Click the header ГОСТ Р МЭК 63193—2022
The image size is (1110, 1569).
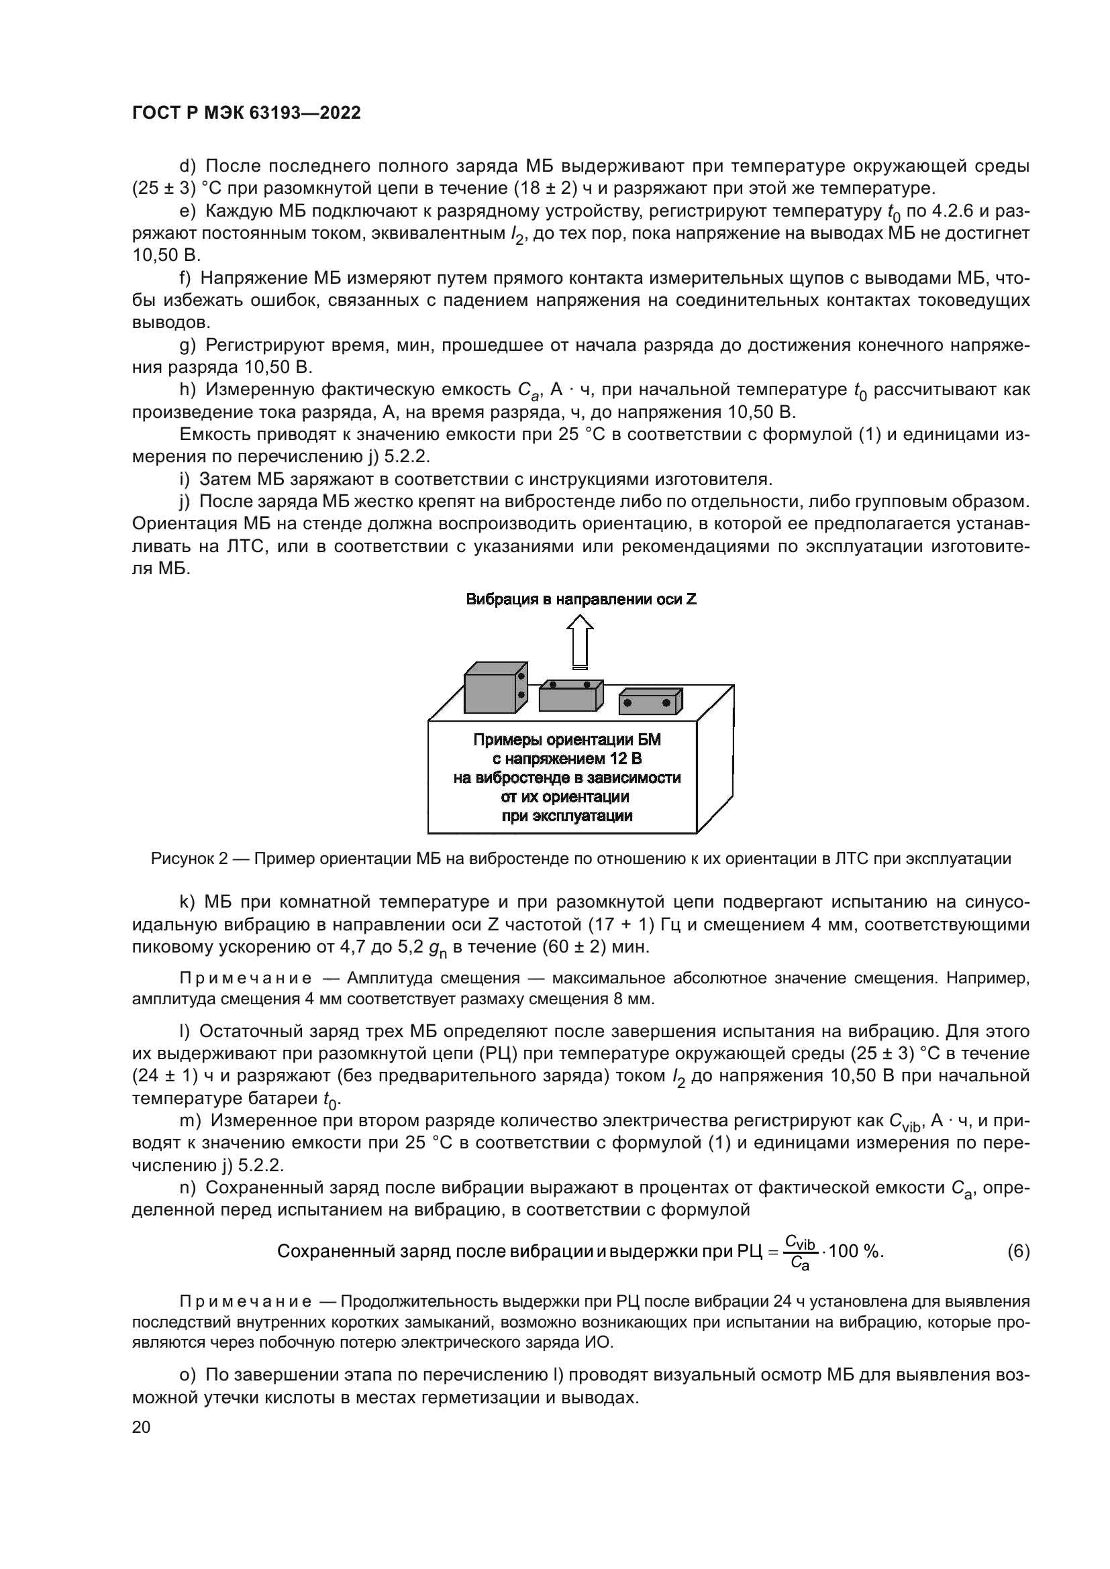[x=246, y=113]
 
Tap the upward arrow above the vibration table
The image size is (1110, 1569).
[x=581, y=641]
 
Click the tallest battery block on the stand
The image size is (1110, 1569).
[x=491, y=692]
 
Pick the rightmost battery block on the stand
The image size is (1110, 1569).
[x=650, y=703]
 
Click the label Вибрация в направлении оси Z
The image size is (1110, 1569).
[x=581, y=599]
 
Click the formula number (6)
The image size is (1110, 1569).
[x=1018, y=1251]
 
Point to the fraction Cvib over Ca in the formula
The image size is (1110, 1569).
[x=801, y=1252]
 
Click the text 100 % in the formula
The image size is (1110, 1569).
[x=855, y=1251]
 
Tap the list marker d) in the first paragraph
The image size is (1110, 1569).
[x=187, y=166]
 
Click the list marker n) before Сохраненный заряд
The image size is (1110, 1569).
[x=187, y=1188]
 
